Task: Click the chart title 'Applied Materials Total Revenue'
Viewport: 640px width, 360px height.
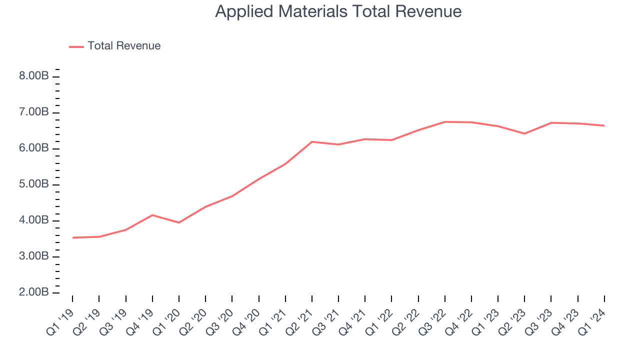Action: click(338, 11)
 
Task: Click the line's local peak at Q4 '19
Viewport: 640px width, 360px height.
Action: click(152, 215)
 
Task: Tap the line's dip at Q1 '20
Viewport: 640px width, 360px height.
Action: click(179, 222)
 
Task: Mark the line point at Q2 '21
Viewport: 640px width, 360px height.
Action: click(312, 142)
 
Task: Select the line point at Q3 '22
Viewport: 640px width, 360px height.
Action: click(444, 121)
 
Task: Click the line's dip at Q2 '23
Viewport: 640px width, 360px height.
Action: click(524, 133)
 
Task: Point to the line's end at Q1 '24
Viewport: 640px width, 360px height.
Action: click(604, 125)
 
